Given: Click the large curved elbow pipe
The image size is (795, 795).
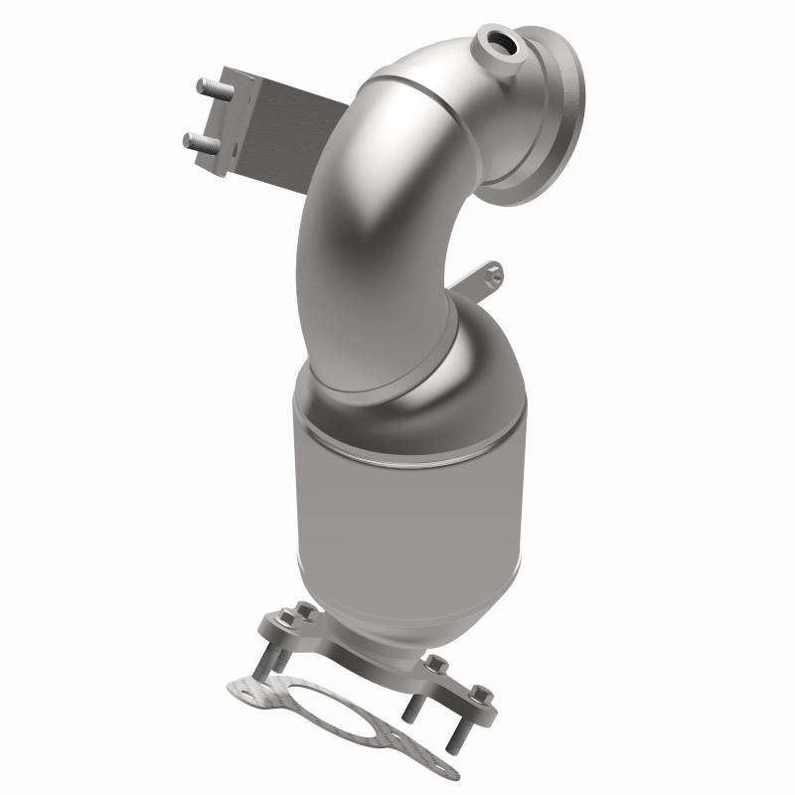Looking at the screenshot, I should (x=378, y=229).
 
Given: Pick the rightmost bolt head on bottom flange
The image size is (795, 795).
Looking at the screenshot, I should (x=481, y=693).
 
